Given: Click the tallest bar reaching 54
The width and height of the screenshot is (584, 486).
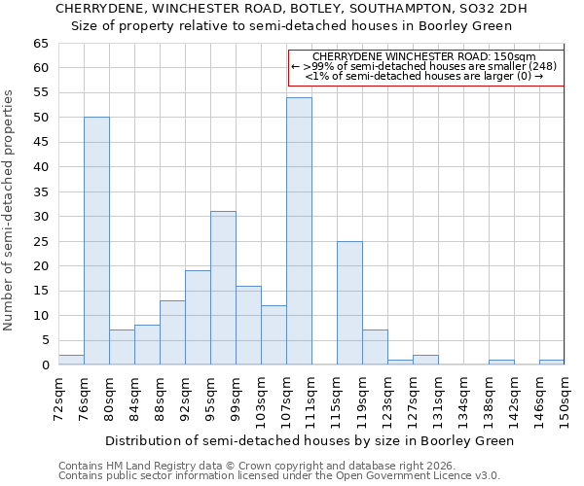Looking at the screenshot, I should click(x=299, y=231).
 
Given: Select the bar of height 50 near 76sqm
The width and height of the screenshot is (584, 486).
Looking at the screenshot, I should click(x=96, y=241).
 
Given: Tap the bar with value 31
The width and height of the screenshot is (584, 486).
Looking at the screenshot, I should click(x=223, y=288).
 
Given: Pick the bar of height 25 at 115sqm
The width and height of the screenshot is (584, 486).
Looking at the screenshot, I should click(x=349, y=303).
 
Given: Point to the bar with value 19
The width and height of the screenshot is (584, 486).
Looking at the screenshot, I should click(x=198, y=318).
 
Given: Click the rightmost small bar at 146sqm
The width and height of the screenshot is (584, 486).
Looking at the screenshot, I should click(x=552, y=363).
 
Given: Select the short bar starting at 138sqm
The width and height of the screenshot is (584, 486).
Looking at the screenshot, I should click(x=501, y=363).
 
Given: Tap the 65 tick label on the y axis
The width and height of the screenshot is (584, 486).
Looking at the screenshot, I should click(x=40, y=44).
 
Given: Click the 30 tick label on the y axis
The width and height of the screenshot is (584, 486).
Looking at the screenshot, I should click(x=40, y=217).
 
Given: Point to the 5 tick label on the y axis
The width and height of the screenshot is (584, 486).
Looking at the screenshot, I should click(x=44, y=340).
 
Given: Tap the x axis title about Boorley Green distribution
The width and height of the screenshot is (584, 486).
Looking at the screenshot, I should click(x=309, y=440).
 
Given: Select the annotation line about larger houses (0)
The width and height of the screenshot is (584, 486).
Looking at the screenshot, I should click(x=423, y=76).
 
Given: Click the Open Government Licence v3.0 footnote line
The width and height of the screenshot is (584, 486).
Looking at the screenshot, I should click(x=278, y=475).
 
